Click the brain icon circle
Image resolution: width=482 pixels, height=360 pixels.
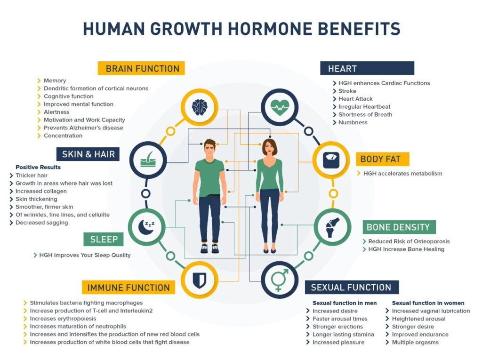point(199,108)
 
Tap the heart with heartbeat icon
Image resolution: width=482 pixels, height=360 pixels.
point(280,108)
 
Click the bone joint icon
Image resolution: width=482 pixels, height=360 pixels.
point(332,227)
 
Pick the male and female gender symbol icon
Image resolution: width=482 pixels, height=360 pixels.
point(280,280)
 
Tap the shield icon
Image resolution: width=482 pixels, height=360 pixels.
point(199,280)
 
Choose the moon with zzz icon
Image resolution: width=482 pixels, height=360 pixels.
point(147,227)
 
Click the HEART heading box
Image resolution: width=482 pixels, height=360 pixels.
point(367,69)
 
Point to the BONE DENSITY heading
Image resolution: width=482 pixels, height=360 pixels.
point(398,227)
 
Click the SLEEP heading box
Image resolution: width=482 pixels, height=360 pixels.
point(104,239)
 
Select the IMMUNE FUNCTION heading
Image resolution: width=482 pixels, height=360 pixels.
point(129,288)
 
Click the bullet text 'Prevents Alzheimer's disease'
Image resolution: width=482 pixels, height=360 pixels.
point(83,128)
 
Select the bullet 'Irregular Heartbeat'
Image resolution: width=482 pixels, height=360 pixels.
point(364,107)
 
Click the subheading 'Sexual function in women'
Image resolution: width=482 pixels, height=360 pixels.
point(428,303)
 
